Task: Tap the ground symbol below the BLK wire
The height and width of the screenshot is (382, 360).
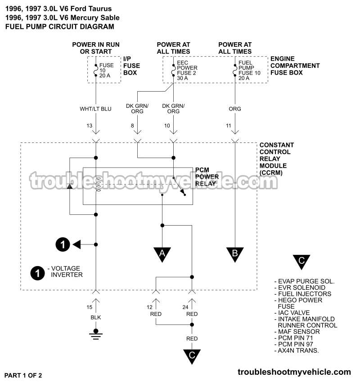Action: (95, 333)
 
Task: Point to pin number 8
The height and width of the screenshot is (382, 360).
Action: (133, 126)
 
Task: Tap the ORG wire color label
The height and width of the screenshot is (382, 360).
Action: (235, 108)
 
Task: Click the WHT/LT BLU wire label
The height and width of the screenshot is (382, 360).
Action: (96, 108)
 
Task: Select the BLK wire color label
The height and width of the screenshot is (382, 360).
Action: (96, 317)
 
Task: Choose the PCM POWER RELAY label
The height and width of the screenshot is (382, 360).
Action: (207, 177)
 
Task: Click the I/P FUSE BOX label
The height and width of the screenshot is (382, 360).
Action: (132, 66)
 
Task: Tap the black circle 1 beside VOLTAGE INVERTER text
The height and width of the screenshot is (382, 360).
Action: (37, 272)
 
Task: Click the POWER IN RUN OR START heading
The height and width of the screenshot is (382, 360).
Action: (96, 48)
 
